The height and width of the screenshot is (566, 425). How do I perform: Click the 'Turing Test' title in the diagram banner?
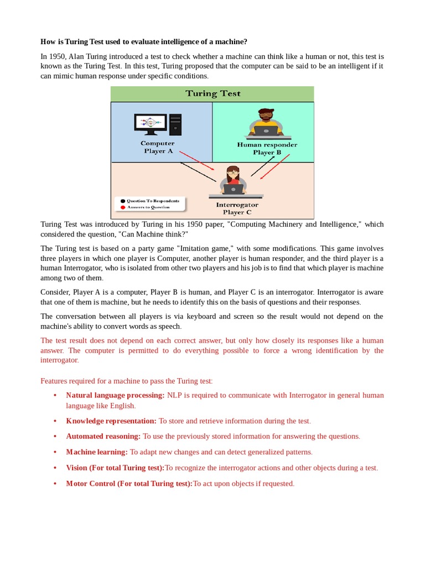click(212, 93)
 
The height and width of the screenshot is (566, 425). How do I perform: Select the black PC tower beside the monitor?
click(175, 124)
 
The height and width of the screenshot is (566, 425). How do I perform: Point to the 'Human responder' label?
click(267, 145)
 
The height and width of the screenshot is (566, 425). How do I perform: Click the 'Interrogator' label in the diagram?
click(237, 205)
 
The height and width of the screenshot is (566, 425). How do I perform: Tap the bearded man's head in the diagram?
click(266, 117)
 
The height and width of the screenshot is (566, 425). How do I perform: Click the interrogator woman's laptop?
click(233, 189)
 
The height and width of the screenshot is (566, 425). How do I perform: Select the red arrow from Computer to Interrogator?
click(197, 160)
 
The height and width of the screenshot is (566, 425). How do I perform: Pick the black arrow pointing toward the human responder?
click(263, 166)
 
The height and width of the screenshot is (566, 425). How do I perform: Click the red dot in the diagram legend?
click(122, 207)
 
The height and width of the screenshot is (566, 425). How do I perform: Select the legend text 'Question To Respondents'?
click(153, 201)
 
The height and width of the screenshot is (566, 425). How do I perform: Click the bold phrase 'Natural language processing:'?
click(115, 395)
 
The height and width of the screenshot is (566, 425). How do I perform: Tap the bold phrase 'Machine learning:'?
click(97, 452)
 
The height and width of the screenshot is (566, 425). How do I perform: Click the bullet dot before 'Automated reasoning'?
click(55, 436)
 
